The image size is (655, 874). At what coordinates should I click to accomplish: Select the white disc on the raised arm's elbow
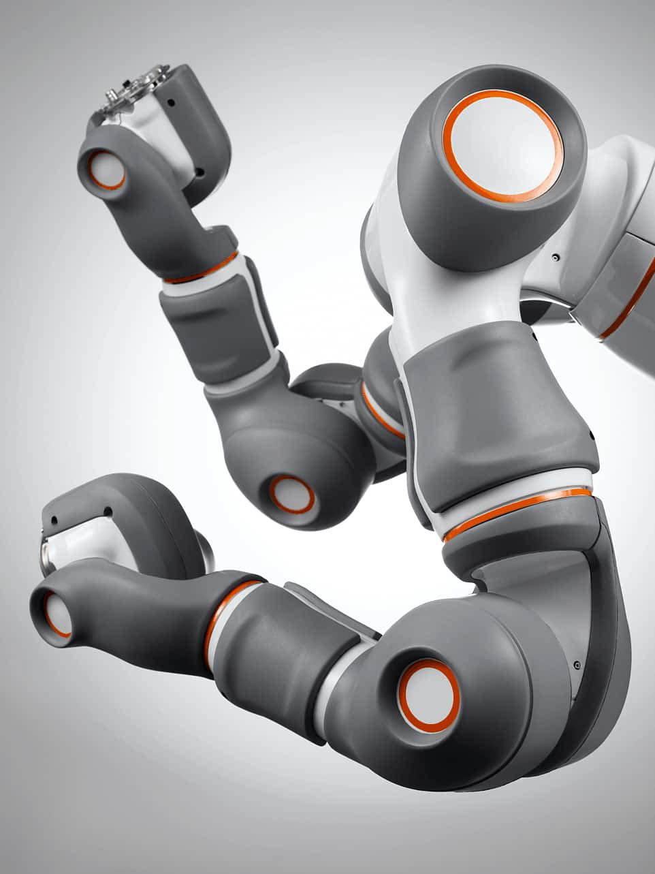pos(291,494)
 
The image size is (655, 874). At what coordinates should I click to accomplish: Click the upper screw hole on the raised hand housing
pos(170,103)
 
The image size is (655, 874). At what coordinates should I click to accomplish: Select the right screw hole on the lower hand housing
pos(107,510)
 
